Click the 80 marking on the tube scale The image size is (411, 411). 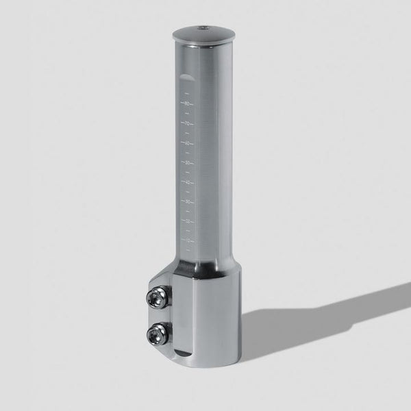pos(186,103)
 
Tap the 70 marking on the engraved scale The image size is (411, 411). pos(186,123)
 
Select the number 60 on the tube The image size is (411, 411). pos(186,143)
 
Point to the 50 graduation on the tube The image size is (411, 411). pos(186,163)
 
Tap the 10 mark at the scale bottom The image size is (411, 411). pos(186,240)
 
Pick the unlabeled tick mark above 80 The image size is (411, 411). pos(186,94)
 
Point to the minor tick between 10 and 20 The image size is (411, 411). pos(186,231)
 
